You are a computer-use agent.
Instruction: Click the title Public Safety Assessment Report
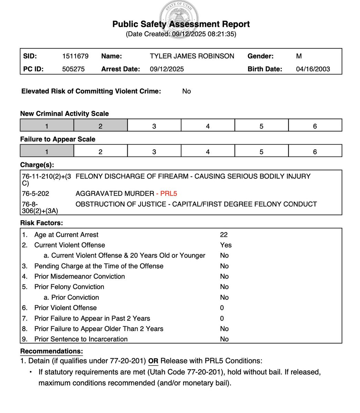point(181,24)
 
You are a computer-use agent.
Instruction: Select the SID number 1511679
point(75,56)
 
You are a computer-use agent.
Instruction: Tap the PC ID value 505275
point(73,69)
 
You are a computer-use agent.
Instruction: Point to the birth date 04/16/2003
point(313,69)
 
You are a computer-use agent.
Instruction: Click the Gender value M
point(299,56)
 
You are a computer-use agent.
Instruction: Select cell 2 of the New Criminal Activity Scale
point(100,126)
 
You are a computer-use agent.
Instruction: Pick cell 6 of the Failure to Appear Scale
point(315,152)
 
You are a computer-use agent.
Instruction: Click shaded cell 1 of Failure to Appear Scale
point(47,152)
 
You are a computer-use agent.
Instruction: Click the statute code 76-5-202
point(35,193)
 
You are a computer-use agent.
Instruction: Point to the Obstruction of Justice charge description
point(196,204)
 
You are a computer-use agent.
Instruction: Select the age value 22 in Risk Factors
point(224,235)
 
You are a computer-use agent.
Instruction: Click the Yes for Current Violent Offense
point(226,245)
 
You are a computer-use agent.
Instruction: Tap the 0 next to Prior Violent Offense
point(222,308)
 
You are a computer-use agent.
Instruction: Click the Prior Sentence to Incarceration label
point(81,339)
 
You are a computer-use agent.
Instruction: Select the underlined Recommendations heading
point(52,351)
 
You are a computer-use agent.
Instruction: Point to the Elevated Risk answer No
point(187,91)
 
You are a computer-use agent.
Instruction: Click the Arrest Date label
point(120,69)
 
